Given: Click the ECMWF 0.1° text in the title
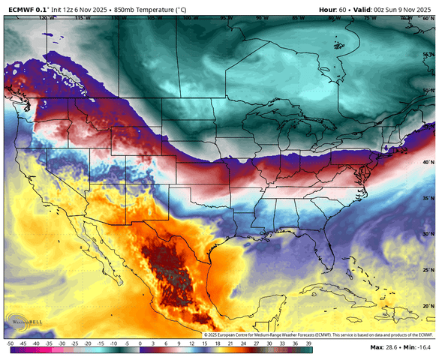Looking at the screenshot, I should coord(25,7).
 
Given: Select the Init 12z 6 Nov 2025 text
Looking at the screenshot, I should coord(78,7).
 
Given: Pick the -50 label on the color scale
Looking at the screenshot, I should coord(9,342).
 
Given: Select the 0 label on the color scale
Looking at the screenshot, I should coord(140,342).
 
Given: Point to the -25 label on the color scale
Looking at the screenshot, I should coord(75,342).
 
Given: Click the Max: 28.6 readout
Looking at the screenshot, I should coord(384,348).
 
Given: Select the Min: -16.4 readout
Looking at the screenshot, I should coord(419,348).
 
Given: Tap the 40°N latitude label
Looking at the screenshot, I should coord(426,162).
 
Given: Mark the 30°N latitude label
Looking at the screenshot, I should coord(426,235).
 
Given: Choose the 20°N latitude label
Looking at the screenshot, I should coord(426,306).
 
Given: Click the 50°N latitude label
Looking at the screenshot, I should coord(426,90).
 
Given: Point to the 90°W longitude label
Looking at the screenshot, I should coord(261,16).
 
